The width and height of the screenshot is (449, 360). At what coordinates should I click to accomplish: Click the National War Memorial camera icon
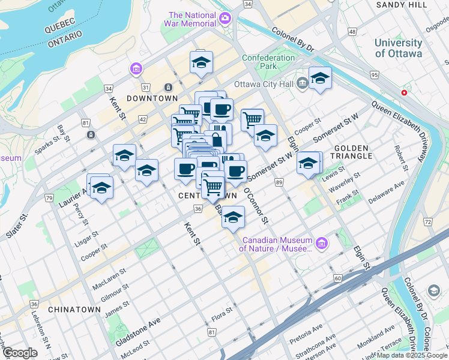tap(225, 17)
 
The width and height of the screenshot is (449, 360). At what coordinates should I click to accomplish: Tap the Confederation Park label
tap(268, 62)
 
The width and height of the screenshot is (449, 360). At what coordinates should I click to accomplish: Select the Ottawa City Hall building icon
tap(302, 83)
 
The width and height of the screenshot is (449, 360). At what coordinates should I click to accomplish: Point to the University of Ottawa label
tap(398, 48)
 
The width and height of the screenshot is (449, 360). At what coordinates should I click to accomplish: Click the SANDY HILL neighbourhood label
tap(400, 5)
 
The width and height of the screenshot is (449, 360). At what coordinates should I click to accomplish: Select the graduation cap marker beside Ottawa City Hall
tap(320, 79)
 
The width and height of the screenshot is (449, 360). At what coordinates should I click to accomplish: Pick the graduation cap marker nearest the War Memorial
tap(202, 62)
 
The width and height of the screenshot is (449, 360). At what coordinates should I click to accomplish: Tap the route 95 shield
tap(375, 75)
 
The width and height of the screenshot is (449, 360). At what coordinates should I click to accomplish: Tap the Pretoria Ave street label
tap(306, 330)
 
